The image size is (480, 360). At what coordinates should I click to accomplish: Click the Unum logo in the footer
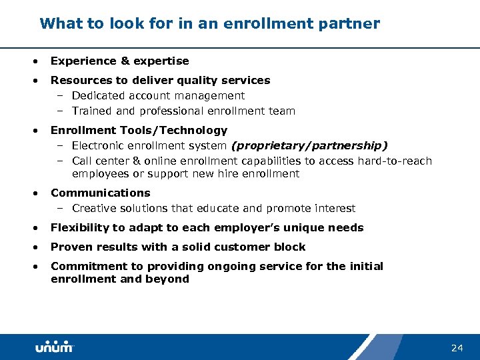tap(54, 347)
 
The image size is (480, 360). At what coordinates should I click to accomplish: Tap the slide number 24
tap(457, 348)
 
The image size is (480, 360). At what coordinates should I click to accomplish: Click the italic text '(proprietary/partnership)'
tap(309, 145)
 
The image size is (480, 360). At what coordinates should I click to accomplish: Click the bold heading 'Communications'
tap(101, 193)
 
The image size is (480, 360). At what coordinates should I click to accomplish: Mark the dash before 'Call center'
tap(59, 161)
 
